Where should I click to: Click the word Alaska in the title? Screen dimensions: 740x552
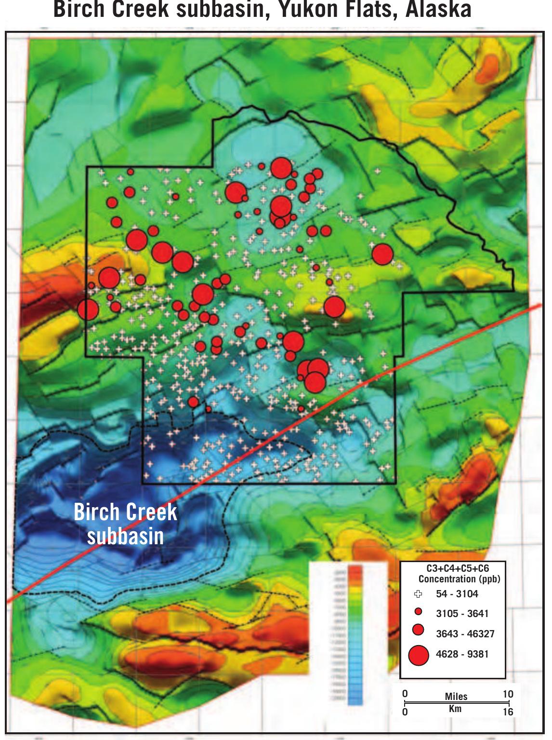[438, 10]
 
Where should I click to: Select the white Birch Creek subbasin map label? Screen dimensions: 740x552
[125, 524]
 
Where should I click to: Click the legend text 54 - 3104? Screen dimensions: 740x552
[457, 594]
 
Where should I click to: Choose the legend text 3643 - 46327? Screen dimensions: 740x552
[465, 634]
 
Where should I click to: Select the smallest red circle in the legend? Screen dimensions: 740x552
[419, 612]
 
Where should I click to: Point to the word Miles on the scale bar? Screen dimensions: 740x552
[456, 697]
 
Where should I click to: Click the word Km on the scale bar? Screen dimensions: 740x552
[455, 708]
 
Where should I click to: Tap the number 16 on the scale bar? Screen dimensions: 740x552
[508, 712]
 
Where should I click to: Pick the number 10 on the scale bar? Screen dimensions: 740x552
[508, 694]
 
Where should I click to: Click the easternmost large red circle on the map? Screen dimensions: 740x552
[383, 254]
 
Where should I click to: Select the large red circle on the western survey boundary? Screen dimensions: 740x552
[88, 309]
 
